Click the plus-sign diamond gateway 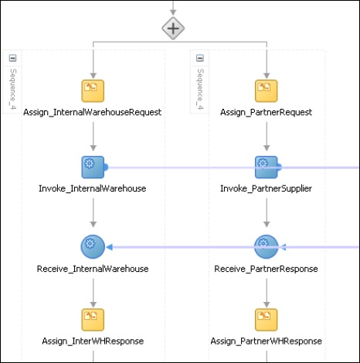pos(173,29)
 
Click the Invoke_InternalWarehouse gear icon pos(93,166)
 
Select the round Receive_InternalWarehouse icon pos(93,246)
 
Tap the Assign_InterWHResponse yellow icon pos(93,318)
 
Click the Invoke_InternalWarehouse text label pos(93,188)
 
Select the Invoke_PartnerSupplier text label pos(266,188)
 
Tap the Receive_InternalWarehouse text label pos(93,269)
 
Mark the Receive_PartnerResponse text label pos(266,269)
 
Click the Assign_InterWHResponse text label pos(93,341)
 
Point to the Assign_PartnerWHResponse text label pos(266,341)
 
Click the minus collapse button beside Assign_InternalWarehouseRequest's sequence pos(12,58)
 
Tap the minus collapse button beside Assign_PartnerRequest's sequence pos(200,58)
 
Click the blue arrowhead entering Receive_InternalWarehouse pos(110,247)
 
